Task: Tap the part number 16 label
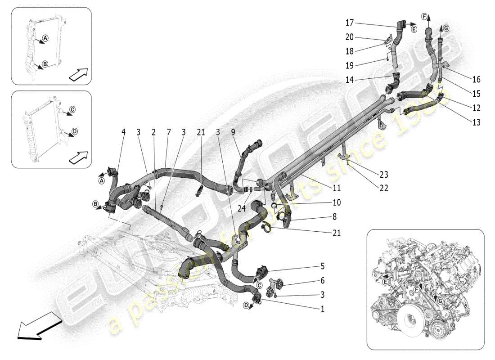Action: [x=477, y=80]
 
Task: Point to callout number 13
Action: [x=477, y=122]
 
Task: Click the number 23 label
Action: [x=384, y=175]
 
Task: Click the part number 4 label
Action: [x=123, y=132]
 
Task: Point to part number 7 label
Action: [x=168, y=132]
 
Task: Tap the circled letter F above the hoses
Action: [x=423, y=17]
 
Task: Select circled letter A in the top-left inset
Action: [x=40, y=39]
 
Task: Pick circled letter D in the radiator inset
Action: [x=74, y=131]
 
